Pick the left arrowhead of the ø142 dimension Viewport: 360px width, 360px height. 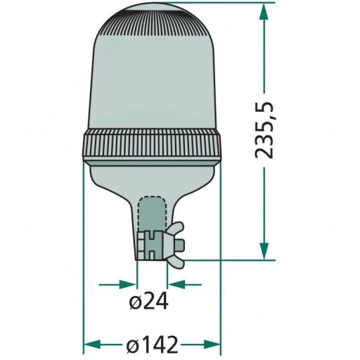(x=89, y=345)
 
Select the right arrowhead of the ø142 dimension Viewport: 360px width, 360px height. (x=215, y=345)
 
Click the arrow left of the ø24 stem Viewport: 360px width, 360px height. (x=129, y=285)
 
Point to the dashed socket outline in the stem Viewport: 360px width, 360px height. (x=150, y=211)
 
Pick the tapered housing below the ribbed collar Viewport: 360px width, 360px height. (x=153, y=179)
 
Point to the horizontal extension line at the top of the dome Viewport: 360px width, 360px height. (x=225, y=3)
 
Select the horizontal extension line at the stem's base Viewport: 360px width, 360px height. (x=225, y=259)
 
